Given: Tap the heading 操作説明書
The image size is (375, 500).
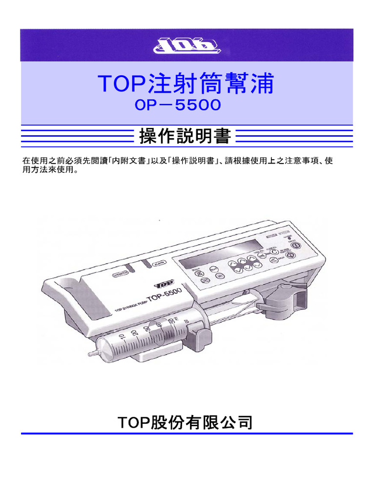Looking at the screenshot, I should click(x=185, y=137).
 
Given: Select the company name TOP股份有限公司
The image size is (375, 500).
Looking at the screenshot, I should click(x=186, y=422).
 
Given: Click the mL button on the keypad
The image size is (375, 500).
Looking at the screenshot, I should click(x=264, y=256).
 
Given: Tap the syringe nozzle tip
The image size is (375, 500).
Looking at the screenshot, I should click(x=90, y=352).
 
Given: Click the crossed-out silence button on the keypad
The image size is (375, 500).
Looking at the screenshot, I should click(x=199, y=273).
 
